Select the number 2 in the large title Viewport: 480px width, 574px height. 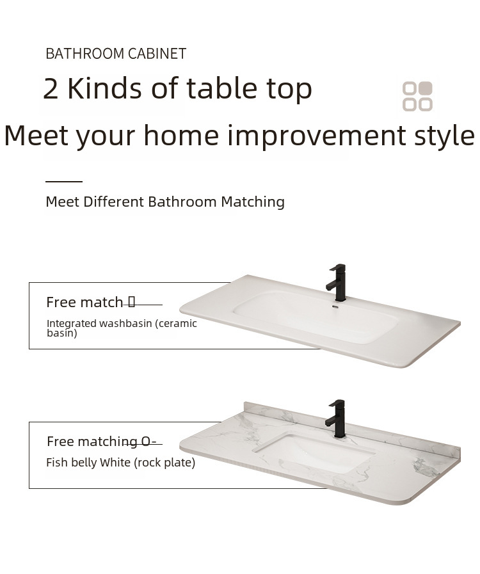[51, 89]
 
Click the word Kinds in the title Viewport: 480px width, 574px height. [104, 88]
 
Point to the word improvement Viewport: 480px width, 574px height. [317, 135]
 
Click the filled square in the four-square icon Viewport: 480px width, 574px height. [426, 88]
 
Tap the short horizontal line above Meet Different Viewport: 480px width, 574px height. [64, 181]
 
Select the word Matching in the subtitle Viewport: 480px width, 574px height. [253, 202]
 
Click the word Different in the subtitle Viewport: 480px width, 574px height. [113, 202]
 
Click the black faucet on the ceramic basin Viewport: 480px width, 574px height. [337, 282]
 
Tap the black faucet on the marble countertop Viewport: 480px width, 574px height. [336, 419]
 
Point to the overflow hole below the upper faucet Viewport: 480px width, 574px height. [335, 307]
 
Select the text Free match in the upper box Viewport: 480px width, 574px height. [84, 303]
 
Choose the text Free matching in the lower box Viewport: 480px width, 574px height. [92, 442]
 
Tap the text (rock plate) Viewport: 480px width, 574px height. [164, 463]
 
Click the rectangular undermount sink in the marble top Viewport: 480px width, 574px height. [314, 452]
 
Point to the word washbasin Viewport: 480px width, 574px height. [125, 324]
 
